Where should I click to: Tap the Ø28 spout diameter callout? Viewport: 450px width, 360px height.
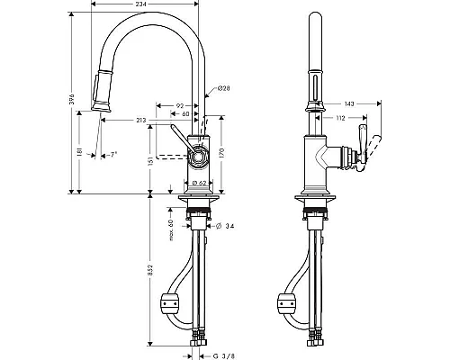pos(223,88)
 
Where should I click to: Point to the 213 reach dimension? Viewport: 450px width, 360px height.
pos(140,121)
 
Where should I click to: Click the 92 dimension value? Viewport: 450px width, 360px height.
pos(180,105)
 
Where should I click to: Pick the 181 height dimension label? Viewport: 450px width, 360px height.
pos(79,152)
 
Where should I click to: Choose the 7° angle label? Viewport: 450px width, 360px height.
pos(112,155)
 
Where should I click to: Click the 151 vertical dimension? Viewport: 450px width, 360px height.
pos(150,161)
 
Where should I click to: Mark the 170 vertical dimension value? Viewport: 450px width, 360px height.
pos(221,153)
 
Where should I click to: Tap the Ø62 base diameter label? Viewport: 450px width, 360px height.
pos(199,183)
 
